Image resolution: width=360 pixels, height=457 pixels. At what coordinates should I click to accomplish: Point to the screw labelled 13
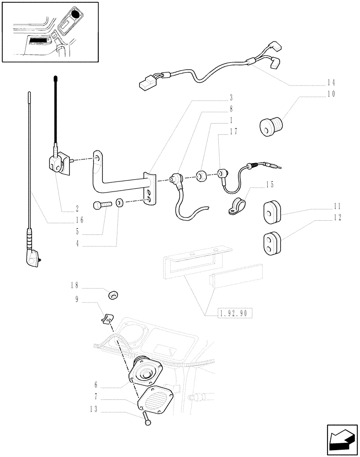tap(147, 419)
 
